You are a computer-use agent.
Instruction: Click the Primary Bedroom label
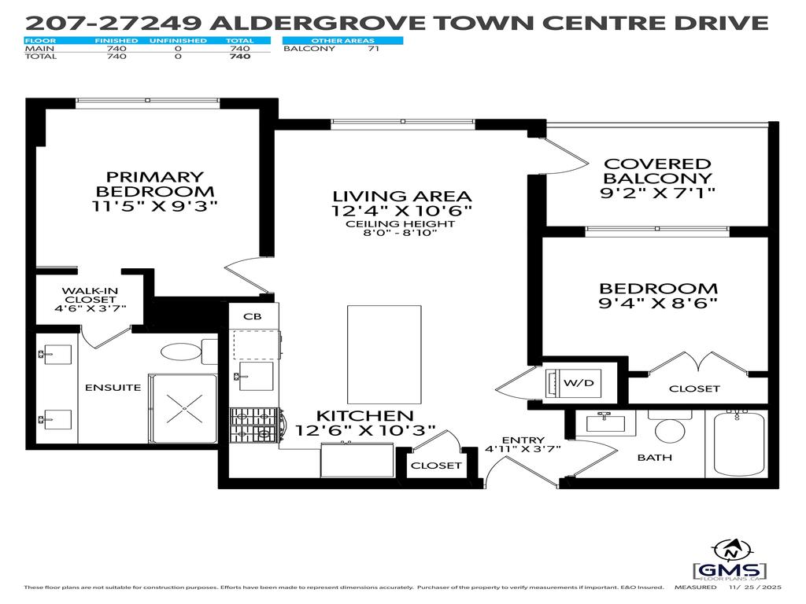(x=154, y=184)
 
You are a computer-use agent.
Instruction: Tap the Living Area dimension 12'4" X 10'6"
(x=401, y=211)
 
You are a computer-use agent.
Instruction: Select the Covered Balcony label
(x=657, y=171)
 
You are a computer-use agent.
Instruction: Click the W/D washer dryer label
(x=579, y=383)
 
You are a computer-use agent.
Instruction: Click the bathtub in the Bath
(x=738, y=444)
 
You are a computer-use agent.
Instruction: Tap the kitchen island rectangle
(x=384, y=355)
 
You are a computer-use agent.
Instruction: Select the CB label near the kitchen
(x=253, y=316)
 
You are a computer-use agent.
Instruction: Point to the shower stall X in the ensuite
(x=183, y=408)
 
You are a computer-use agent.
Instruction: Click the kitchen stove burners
(x=254, y=425)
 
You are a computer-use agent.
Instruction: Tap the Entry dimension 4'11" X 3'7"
(x=523, y=449)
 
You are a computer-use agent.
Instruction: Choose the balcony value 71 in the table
(x=374, y=49)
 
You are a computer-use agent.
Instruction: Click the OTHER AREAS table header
(x=343, y=40)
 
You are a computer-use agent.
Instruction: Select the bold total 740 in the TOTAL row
(x=240, y=57)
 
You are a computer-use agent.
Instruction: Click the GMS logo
(x=730, y=570)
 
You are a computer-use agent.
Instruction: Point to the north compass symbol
(x=731, y=551)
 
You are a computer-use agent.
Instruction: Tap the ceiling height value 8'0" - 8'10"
(x=400, y=233)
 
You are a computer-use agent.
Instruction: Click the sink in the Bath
(x=605, y=422)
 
